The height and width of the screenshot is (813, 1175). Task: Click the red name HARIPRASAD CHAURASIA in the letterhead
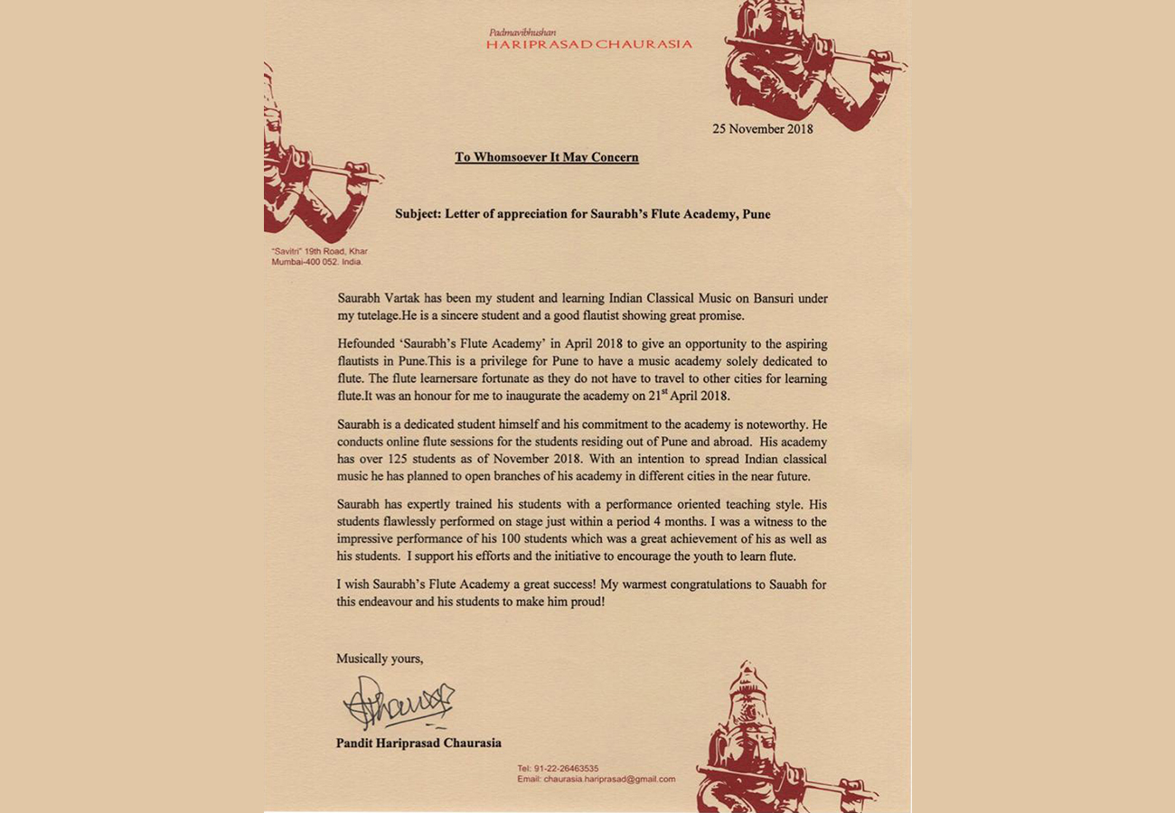point(588,43)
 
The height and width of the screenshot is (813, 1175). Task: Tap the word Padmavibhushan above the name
point(522,33)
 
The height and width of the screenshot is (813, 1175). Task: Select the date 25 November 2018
point(762,129)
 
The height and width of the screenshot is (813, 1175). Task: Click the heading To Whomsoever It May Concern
point(546,157)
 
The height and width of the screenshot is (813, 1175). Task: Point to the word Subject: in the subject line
point(418,215)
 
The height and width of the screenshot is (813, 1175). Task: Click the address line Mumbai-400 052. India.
point(316,262)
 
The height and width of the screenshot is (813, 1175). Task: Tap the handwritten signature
point(399,704)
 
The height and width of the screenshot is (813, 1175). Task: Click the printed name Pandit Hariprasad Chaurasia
point(418,743)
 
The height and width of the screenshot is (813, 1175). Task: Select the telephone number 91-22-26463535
point(570,769)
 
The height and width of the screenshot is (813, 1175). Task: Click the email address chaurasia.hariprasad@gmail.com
point(609,779)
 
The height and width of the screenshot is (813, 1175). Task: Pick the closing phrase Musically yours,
point(380,659)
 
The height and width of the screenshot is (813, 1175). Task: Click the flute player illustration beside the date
point(809,63)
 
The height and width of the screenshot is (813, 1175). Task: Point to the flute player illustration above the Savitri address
point(307,163)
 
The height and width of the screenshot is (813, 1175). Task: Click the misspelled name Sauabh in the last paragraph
point(785,584)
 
